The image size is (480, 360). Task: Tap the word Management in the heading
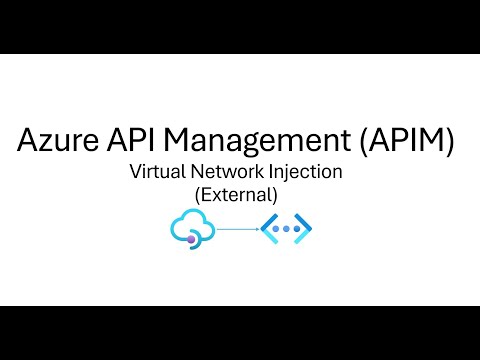click(250, 141)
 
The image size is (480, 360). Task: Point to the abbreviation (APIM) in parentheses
click(404, 141)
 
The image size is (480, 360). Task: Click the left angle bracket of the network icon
click(267, 229)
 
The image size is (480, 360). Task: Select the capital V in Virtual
click(135, 172)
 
